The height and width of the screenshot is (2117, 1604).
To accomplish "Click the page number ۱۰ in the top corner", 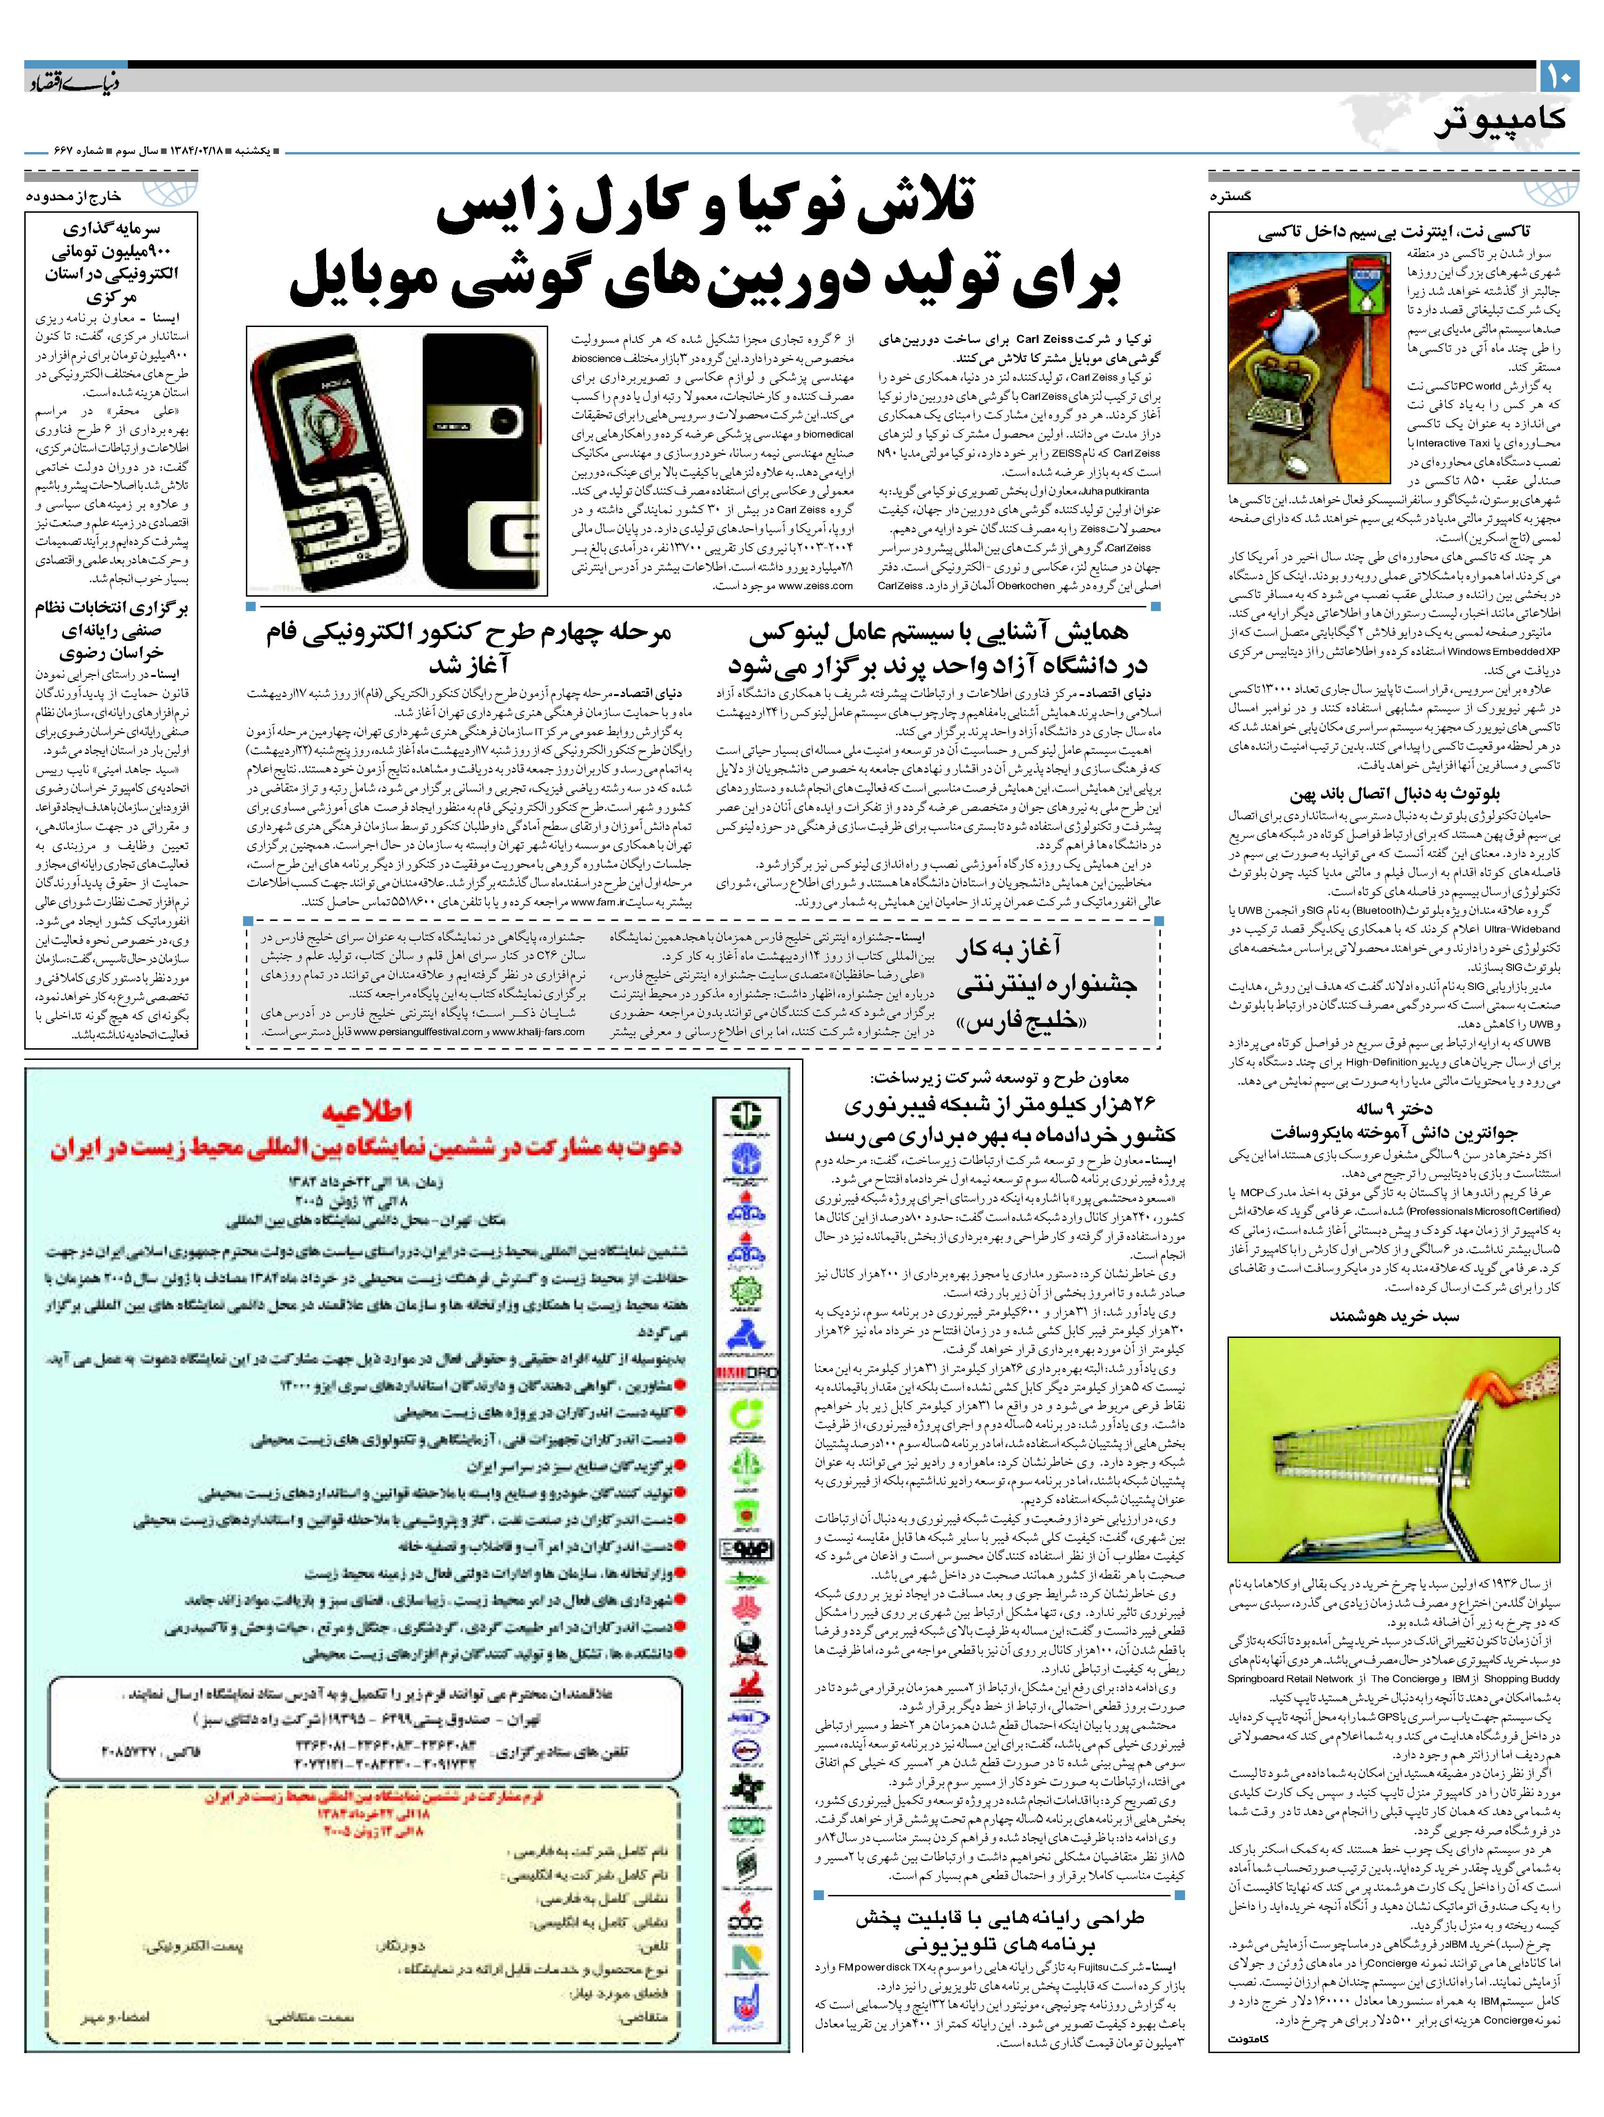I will [1558, 77].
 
